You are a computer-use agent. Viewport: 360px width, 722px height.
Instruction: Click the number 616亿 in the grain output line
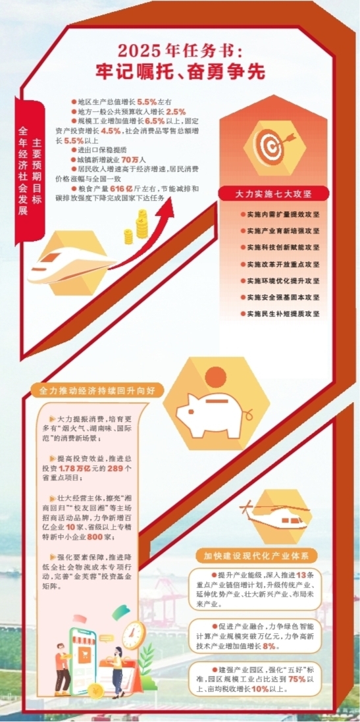click(x=122, y=189)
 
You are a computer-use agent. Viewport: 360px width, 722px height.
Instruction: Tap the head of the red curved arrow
click(x=167, y=207)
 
